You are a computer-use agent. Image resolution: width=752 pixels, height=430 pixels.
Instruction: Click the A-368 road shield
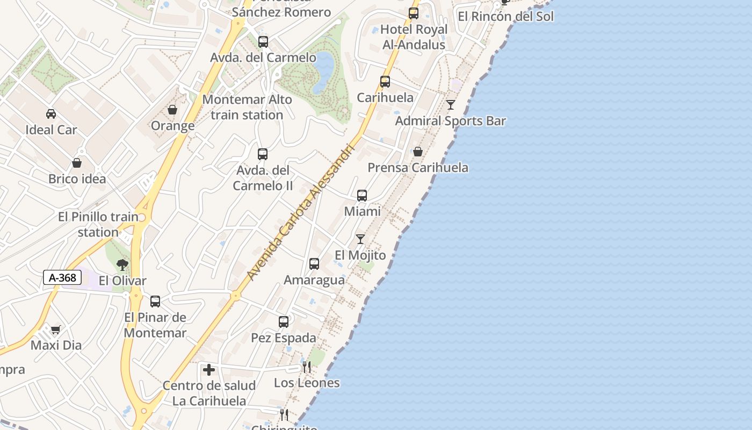62,278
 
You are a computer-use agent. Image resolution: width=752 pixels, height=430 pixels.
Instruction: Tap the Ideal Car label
51,130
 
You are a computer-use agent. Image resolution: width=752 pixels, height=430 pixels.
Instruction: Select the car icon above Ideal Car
51,113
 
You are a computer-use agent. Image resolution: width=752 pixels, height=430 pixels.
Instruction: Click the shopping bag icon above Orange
172,110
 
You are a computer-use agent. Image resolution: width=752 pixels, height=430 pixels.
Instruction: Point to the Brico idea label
77,179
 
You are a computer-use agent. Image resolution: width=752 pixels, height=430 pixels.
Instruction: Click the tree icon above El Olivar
122,264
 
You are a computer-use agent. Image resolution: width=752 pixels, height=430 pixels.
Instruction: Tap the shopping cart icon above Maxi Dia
56,329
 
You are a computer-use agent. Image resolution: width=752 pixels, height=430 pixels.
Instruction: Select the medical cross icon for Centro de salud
209,370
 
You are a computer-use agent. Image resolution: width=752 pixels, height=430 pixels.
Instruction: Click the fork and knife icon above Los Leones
307,367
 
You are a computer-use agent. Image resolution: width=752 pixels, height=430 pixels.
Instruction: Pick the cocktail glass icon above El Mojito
360,239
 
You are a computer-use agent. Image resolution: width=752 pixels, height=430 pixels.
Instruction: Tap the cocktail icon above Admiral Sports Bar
451,105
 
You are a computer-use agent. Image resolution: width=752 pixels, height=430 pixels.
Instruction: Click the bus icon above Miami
362,196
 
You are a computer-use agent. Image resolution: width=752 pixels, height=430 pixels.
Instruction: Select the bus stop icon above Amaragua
314,264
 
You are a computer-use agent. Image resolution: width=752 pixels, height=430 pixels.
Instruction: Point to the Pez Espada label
284,338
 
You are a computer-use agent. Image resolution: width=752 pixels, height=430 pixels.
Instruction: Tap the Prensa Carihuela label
418,168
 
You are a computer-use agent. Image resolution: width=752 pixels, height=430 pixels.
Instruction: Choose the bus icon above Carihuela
385,82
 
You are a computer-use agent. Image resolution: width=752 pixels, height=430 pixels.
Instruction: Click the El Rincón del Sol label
505,16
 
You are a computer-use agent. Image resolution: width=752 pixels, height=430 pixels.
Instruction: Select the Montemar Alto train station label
247,107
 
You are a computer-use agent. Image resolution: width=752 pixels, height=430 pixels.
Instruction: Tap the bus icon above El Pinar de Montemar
155,302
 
